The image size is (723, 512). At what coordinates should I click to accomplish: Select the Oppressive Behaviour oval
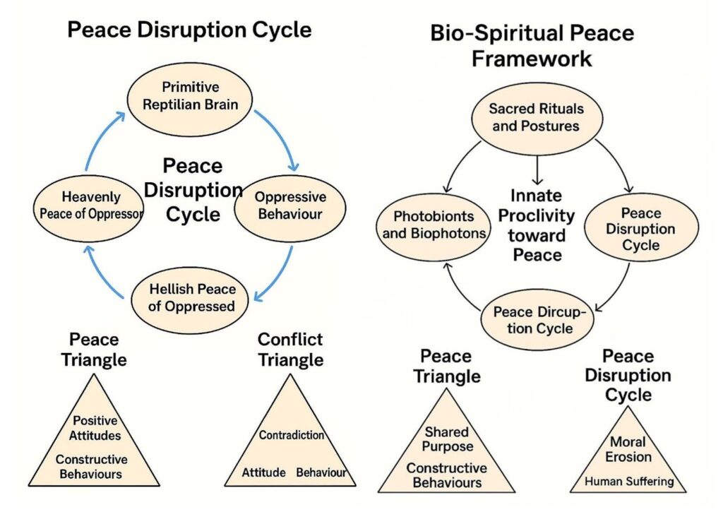290,208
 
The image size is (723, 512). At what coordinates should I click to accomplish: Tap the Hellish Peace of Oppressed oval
190,300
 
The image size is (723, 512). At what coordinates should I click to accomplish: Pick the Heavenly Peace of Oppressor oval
88,208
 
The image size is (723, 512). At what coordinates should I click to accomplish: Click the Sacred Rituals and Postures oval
537,119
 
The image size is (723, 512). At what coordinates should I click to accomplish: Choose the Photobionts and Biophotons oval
434,227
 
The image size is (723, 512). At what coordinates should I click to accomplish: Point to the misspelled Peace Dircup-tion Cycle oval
537,320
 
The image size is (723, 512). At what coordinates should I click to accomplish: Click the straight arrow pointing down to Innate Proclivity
537,170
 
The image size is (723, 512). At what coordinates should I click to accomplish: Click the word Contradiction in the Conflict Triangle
292,435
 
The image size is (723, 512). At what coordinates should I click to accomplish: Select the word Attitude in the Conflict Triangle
264,472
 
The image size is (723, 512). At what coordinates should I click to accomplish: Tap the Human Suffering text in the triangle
629,482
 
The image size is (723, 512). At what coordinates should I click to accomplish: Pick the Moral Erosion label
628,449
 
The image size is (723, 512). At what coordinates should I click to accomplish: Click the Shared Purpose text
447,439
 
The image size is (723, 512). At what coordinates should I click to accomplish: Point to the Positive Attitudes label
95,428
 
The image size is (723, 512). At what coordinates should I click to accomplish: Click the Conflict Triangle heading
290,349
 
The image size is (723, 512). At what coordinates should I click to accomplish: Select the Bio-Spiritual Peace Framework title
532,46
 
